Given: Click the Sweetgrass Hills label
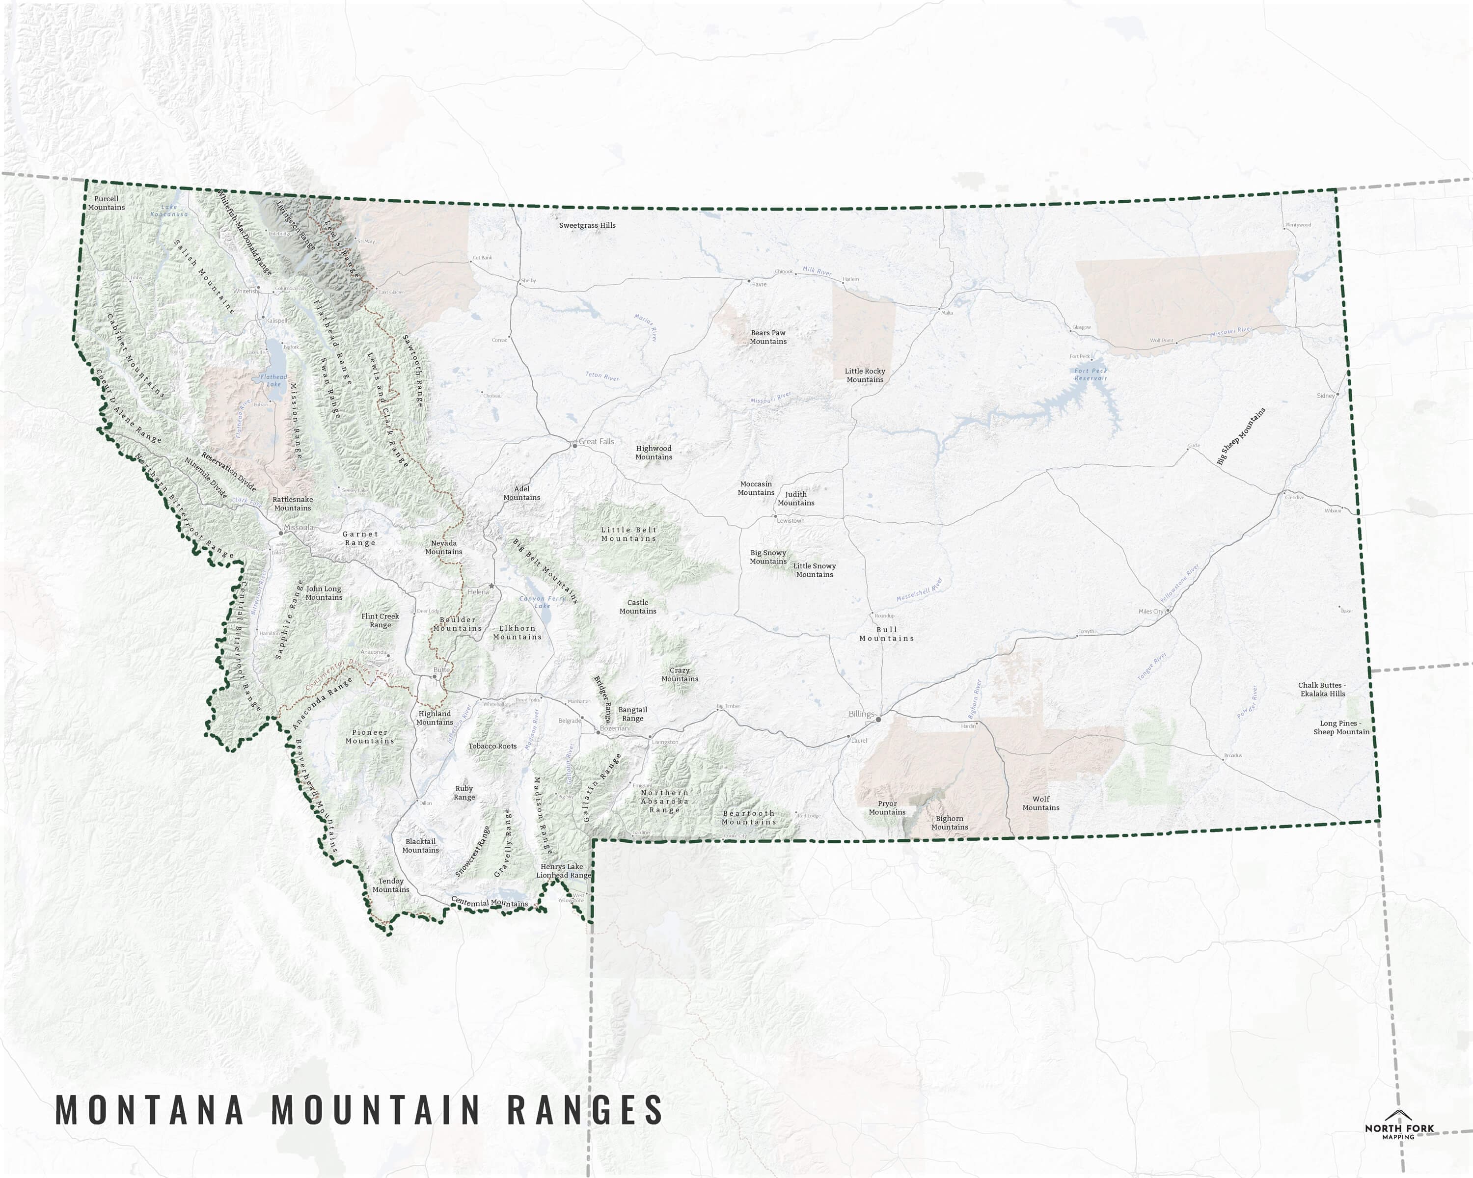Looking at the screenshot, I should tap(587, 225).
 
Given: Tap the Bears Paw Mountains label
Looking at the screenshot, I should tap(768, 337).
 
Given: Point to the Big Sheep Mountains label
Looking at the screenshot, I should tap(1241, 436).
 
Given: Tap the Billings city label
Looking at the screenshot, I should tap(861, 714).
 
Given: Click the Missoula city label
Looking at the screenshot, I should tap(299, 527).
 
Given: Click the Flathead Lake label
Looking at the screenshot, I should tap(273, 380).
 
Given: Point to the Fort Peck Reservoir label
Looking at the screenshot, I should tap(1091, 374).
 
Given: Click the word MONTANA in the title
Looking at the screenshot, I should tap(149, 1110).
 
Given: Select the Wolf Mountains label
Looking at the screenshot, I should tap(1040, 803).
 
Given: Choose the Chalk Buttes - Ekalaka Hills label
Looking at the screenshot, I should tap(1322, 689).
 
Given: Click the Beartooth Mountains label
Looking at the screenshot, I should tap(749, 817).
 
